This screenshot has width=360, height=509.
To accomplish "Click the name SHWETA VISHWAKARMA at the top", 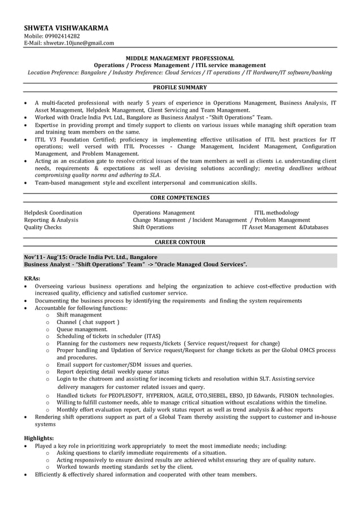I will (66, 28).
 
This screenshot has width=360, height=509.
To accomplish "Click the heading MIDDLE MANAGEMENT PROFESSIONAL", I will (179, 58).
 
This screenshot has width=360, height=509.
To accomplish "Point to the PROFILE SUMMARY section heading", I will (179, 87).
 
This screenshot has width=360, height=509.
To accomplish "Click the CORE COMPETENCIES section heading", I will (179, 198).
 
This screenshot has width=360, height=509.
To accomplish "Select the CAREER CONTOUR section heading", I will (179, 242).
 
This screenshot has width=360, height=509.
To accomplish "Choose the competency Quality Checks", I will (43, 227).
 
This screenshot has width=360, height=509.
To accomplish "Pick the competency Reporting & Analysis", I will (51, 220).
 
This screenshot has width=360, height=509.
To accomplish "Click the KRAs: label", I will (32, 278).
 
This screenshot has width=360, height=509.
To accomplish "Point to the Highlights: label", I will (39, 438).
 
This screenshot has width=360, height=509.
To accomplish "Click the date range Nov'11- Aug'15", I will (46, 257).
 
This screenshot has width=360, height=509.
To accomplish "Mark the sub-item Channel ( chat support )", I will (88, 322).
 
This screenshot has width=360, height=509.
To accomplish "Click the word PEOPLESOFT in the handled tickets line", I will (119, 396).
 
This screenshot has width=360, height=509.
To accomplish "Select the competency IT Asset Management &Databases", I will (285, 227).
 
